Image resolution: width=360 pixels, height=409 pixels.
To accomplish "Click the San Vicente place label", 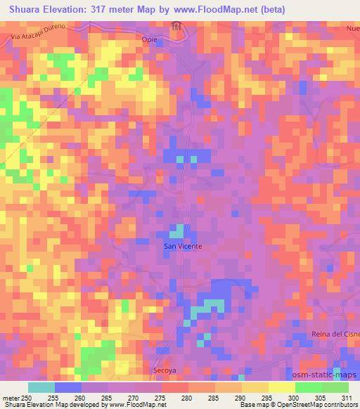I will tap(183, 247).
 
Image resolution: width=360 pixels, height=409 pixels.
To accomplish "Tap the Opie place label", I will tap(150, 40).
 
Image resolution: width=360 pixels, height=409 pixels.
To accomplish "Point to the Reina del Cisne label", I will tap(335, 334).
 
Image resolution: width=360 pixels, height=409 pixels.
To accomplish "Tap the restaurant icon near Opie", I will tap(176, 27).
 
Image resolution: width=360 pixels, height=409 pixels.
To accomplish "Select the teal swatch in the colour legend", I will tap(41, 387).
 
